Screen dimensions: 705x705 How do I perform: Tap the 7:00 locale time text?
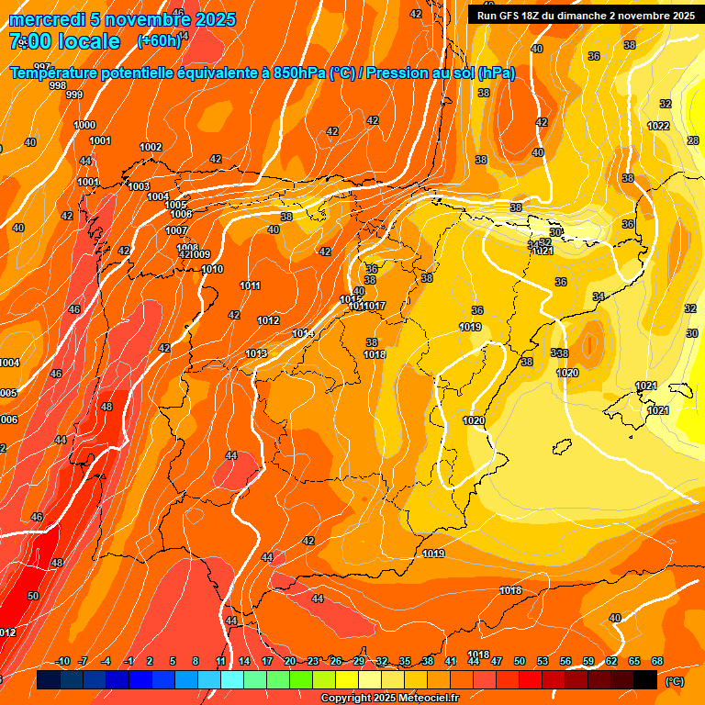tap(64, 41)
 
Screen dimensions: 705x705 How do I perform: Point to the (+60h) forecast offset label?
tap(159, 40)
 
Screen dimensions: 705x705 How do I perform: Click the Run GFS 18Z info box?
tap(585, 15)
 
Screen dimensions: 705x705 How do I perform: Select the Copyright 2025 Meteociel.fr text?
tap(389, 698)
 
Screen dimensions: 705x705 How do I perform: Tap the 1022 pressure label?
tap(658, 126)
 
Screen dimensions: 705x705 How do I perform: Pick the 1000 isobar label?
tap(84, 125)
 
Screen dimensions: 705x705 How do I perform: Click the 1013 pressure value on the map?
tap(256, 353)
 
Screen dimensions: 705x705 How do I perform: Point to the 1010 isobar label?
tap(212, 269)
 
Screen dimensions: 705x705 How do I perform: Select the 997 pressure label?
tap(42, 67)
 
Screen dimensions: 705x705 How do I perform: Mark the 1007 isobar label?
tap(177, 230)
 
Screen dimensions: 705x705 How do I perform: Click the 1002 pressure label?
tap(151, 147)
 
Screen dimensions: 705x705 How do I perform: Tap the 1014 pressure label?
tap(303, 333)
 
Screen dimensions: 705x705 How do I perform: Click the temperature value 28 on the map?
tap(693, 140)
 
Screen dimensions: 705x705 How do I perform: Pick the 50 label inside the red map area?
tap(33, 596)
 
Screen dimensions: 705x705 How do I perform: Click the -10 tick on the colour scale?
tap(62, 661)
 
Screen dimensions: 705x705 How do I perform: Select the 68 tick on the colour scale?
tap(657, 661)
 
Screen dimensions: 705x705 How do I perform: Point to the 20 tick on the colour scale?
tap(289, 661)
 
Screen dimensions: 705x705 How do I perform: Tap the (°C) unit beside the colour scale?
tap(675, 681)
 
